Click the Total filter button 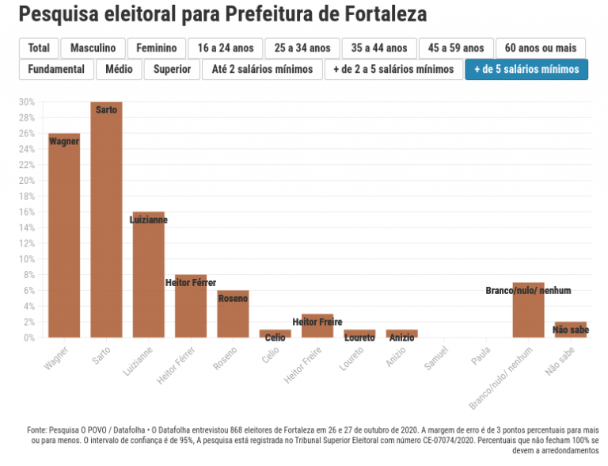pyautogui.click(x=39, y=48)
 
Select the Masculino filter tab pyautogui.click(x=93, y=48)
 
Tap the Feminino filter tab pyautogui.click(x=157, y=48)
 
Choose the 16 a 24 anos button pyautogui.click(x=226, y=48)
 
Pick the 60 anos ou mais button pyautogui.click(x=540, y=48)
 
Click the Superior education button pyautogui.click(x=172, y=70)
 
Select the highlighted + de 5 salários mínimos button pyautogui.click(x=526, y=70)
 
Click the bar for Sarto pyautogui.click(x=106, y=222)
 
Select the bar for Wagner pyautogui.click(x=64, y=238)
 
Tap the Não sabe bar pyautogui.click(x=570, y=330)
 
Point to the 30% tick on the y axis pyautogui.click(x=27, y=102)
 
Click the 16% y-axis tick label pyautogui.click(x=27, y=212)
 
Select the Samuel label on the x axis pyautogui.click(x=437, y=355)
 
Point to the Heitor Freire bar pyautogui.click(x=317, y=326)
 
